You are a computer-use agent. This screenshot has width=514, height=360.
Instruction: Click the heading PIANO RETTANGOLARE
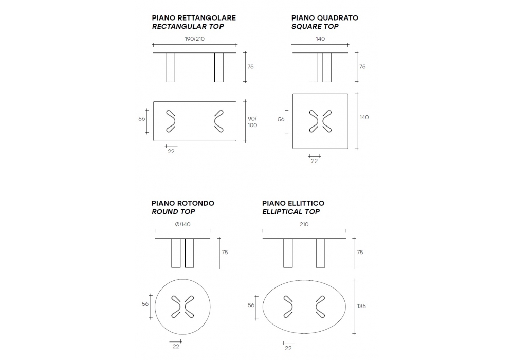click(194, 17)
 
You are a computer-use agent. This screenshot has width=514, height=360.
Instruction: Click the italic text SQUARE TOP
click(315, 26)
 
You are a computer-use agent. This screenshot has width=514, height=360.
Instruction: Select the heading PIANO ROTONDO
click(182, 203)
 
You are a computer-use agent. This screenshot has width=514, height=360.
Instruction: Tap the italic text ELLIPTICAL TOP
click(291, 211)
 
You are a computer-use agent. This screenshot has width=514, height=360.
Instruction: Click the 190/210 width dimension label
click(194, 39)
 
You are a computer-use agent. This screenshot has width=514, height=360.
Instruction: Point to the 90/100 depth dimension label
click(252, 122)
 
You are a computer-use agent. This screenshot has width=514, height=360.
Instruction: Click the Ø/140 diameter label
click(182, 224)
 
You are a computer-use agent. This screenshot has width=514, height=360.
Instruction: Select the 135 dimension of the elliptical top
click(361, 306)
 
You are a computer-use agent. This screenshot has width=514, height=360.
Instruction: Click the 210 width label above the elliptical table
click(304, 224)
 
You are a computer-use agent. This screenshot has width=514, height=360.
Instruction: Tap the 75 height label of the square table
click(362, 66)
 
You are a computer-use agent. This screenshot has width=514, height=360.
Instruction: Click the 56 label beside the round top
click(145, 304)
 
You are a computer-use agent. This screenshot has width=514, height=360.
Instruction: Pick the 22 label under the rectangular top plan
click(171, 152)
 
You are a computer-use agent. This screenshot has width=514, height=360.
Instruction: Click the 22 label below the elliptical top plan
click(288, 348)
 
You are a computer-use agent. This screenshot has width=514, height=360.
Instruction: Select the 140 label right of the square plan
click(364, 117)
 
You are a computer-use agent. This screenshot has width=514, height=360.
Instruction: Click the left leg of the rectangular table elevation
click(171, 67)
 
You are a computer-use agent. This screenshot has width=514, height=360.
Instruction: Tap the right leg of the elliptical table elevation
click(320, 253)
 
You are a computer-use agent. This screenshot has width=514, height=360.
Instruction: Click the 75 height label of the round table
click(225, 252)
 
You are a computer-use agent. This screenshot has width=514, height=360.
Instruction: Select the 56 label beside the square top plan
click(281, 119)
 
